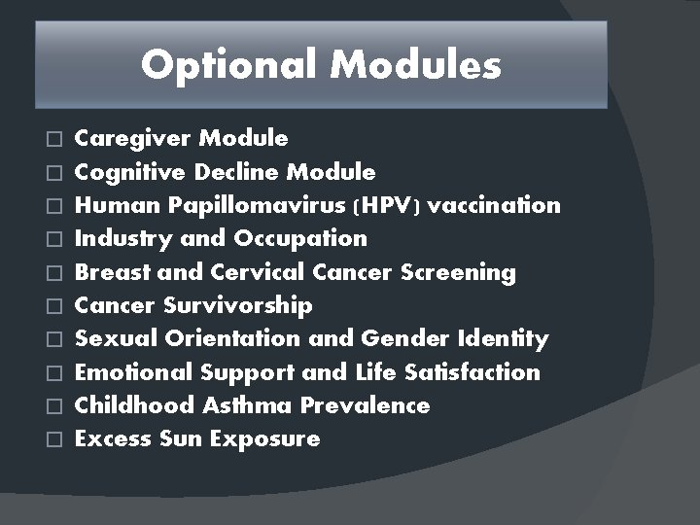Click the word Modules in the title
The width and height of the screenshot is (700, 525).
coord(415,65)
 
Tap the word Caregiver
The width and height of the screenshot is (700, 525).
coord(133,138)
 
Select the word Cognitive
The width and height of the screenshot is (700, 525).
coord(131,172)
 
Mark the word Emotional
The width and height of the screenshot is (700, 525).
coord(134,372)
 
